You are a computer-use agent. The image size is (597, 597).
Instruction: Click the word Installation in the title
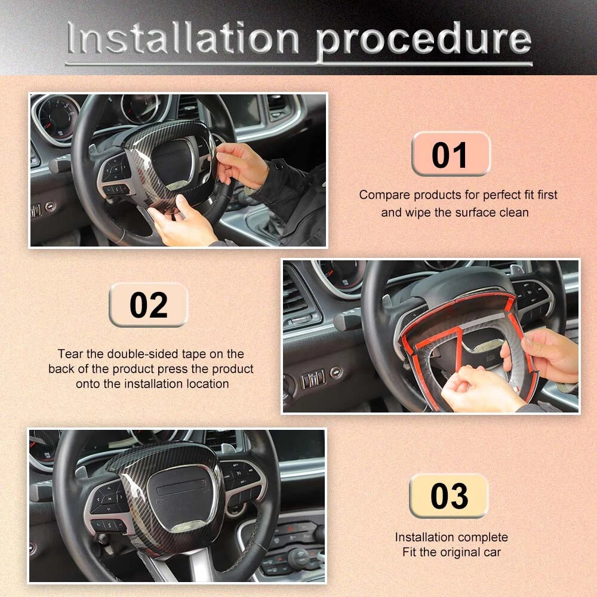point(183,38)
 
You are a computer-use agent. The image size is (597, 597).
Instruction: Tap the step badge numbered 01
point(451,154)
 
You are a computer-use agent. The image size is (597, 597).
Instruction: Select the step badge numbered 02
point(149,304)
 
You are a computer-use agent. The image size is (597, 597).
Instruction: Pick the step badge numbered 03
point(449,496)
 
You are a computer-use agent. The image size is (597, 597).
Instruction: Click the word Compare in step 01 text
point(384,195)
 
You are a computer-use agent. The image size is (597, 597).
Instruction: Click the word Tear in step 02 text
point(70,353)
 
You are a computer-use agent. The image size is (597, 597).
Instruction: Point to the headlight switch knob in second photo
point(336,372)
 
